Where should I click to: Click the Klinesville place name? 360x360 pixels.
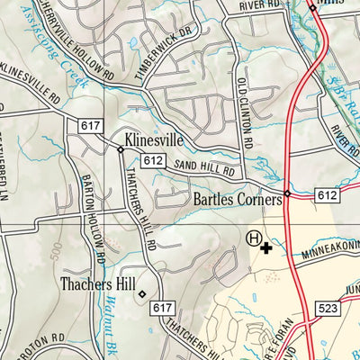[x=159, y=140]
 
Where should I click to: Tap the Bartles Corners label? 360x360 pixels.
[x=237, y=199]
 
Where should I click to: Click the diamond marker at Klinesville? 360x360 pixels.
[x=121, y=148]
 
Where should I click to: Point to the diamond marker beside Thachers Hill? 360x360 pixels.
[x=141, y=292]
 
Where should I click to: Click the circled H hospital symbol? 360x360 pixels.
[x=255, y=238]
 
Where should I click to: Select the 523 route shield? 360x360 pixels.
[x=327, y=308]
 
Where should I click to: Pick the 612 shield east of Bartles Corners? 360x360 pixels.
[x=328, y=194]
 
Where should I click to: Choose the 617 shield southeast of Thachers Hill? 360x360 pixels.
[x=162, y=308]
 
